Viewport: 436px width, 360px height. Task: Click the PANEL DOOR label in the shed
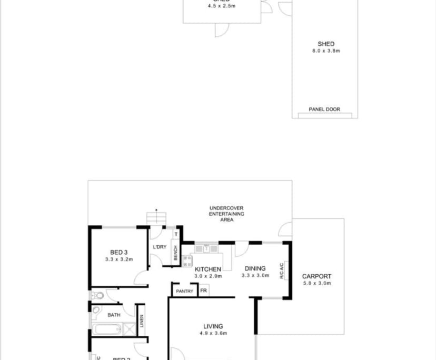(324, 109)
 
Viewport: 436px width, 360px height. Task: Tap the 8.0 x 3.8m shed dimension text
(326, 51)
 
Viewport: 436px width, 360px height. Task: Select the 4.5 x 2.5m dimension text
(221, 6)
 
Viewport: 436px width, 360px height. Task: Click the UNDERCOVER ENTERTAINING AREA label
(226, 214)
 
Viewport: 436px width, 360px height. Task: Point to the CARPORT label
(316, 276)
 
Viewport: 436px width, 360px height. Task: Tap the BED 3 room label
(119, 253)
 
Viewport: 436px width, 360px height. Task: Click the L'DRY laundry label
(160, 247)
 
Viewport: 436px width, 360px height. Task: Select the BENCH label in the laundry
(175, 253)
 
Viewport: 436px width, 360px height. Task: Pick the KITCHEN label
(208, 269)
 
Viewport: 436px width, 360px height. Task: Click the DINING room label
(255, 268)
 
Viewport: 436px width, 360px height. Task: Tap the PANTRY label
(184, 291)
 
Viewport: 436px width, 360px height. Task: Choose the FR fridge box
(203, 291)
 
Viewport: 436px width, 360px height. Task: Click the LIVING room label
(213, 326)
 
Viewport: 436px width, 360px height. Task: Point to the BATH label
(114, 315)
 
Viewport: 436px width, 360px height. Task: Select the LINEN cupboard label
(141, 321)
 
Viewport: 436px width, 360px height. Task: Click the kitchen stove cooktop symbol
(187, 261)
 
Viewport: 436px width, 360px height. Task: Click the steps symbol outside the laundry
(156, 217)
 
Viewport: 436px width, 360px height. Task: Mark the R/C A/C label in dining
(282, 270)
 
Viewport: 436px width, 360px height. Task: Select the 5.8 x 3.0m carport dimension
(316, 283)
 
